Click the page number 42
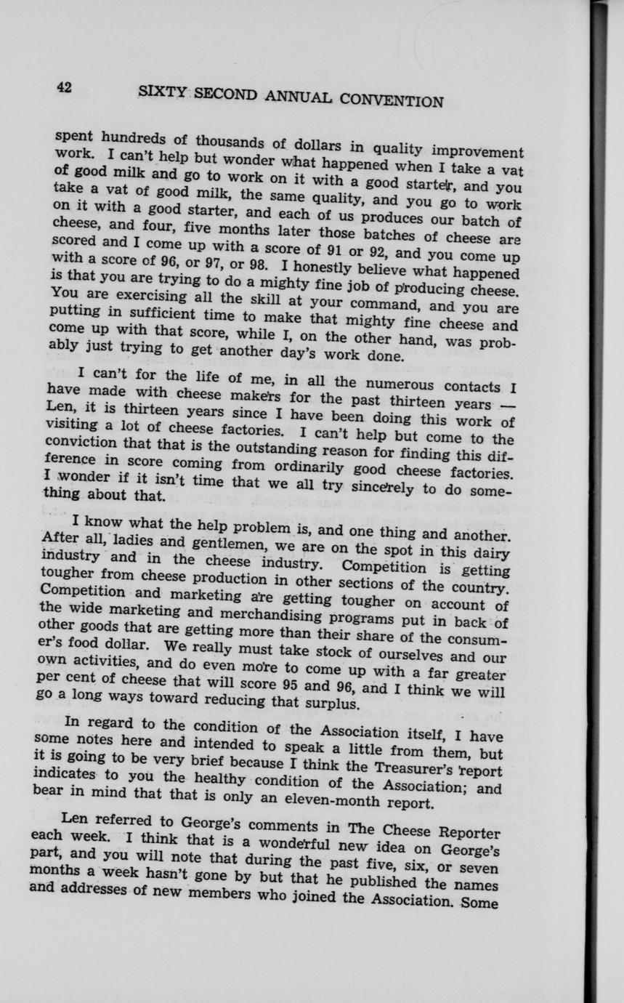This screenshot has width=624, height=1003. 65,87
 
